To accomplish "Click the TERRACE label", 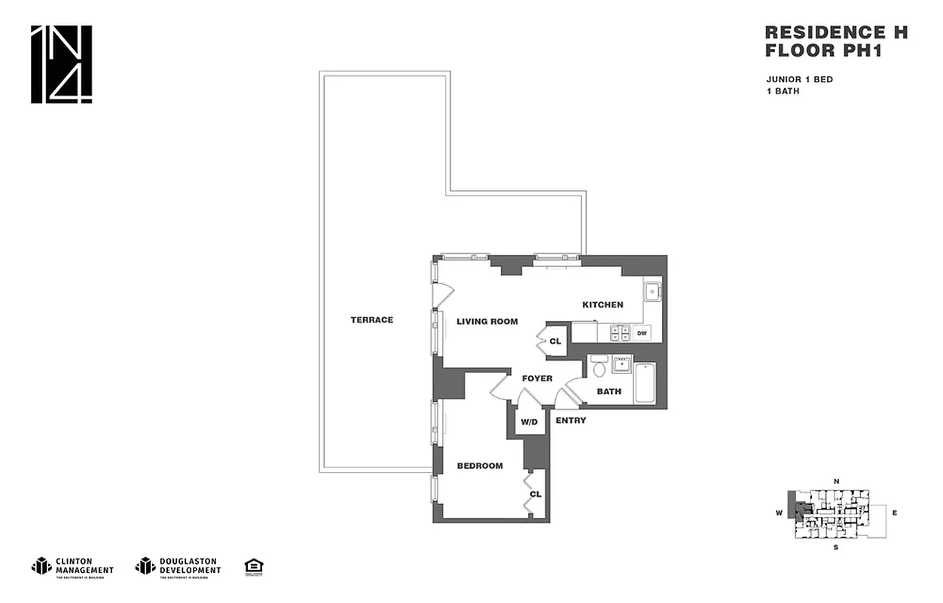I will pos(371,320).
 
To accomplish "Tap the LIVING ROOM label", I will pos(487,322).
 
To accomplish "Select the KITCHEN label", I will pos(603,305).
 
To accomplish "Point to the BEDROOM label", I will pos(480,466).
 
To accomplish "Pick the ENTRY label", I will pos(570,421).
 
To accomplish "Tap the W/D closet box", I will pos(529,422).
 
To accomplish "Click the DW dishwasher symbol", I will pos(642,332).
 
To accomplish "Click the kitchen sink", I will pos(652,291).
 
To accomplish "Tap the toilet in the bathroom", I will pos(600,367).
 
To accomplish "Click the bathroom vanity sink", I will pos(622,365).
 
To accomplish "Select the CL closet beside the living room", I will pos(556,341).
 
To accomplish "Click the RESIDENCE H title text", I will pos(836,32).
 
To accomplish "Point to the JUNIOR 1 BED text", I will pos(799,80).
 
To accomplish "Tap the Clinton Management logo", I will pos(72,566).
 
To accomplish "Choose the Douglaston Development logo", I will pos(178,566).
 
